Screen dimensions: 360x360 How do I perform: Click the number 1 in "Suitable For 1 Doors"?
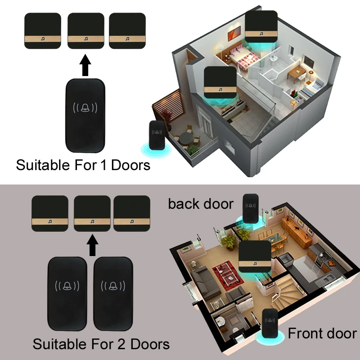click(x=104, y=165)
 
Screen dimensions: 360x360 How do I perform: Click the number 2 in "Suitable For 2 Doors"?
click(x=121, y=344)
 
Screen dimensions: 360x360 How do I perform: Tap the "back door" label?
click(x=201, y=204)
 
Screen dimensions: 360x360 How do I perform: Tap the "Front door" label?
click(x=322, y=333)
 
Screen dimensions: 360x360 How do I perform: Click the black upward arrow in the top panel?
click(x=85, y=65)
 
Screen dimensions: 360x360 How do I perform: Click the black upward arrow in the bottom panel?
click(x=92, y=245)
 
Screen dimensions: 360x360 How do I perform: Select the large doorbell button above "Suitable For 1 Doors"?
click(x=85, y=116)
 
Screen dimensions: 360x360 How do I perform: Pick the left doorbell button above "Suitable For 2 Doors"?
click(x=67, y=294)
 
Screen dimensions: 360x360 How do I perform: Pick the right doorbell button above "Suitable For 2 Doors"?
click(x=113, y=294)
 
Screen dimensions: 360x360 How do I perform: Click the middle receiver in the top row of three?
click(x=86, y=31)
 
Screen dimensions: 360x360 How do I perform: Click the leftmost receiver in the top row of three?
click(x=43, y=31)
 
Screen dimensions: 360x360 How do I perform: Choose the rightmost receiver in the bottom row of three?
click(x=132, y=213)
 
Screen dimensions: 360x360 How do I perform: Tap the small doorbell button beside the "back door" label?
click(x=251, y=209)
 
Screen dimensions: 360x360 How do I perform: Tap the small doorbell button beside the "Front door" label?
click(x=270, y=324)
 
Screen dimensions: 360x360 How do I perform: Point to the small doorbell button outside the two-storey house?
click(x=157, y=135)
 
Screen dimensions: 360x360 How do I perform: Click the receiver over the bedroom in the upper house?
click(x=261, y=27)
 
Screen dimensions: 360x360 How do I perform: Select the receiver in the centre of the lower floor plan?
click(x=255, y=256)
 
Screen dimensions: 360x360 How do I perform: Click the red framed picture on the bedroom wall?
click(x=234, y=33)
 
